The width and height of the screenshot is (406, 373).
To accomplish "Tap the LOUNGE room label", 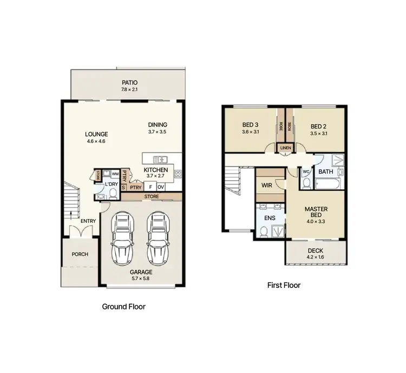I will pyautogui.click(x=97, y=134).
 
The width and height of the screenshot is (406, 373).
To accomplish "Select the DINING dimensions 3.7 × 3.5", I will pyautogui.click(x=158, y=132).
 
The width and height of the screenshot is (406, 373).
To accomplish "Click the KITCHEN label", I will pyautogui.click(x=156, y=170).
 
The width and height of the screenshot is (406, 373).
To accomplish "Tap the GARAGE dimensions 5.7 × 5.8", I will pyautogui.click(x=140, y=278).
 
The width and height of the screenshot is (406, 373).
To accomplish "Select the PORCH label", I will pyautogui.click(x=80, y=254).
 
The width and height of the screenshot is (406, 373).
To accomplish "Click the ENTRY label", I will pyautogui.click(x=88, y=221).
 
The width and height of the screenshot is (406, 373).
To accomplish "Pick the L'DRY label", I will pyautogui.click(x=111, y=184).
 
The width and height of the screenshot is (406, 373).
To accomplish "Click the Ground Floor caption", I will pyautogui.click(x=123, y=306).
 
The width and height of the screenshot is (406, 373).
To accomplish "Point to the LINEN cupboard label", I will pyautogui.click(x=285, y=147).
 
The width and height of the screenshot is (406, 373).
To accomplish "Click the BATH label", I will pyautogui.click(x=325, y=172).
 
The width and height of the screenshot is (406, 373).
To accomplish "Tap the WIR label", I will pyautogui.click(x=266, y=185).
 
